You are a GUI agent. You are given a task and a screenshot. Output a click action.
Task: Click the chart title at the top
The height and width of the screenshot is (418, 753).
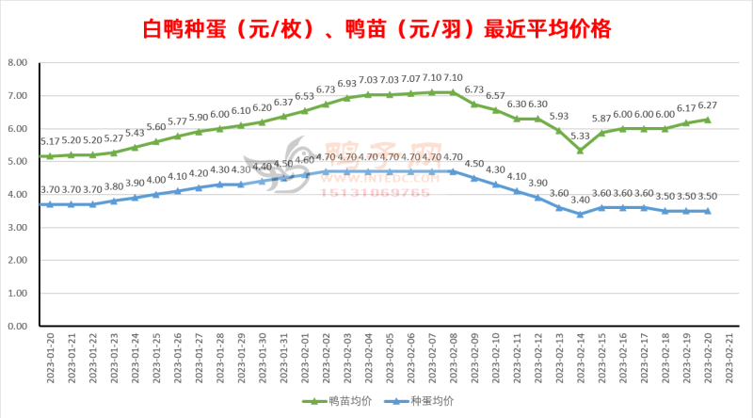tap(376, 28)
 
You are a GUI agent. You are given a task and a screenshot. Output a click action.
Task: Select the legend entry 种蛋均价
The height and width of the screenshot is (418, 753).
tap(429, 401)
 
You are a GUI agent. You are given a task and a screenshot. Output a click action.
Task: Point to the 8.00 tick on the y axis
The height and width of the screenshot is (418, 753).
tap(17, 63)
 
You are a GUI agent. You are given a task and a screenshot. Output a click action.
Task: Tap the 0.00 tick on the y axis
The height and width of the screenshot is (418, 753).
tap(17, 326)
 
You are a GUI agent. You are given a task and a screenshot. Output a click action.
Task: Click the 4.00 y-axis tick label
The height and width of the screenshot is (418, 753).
tap(17, 195)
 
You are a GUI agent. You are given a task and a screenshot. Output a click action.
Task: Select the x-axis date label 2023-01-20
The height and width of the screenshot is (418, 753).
tap(49, 356)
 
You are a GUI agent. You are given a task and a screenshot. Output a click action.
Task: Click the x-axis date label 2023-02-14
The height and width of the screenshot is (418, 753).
tap(580, 356)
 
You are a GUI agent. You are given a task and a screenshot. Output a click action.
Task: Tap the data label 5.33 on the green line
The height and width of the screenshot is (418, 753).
tap(580, 136)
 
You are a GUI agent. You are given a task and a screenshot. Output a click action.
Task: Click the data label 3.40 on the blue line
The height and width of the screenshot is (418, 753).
tap(580, 200)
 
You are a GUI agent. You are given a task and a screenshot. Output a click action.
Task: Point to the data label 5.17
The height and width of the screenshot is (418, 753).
tap(49, 141)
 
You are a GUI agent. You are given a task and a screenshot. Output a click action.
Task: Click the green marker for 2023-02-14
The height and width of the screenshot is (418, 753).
tap(580, 151)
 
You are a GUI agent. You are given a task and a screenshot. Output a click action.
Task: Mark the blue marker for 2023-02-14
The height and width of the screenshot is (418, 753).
tap(580, 214)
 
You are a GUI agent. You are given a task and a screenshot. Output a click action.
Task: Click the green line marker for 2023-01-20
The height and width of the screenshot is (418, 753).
tap(49, 156)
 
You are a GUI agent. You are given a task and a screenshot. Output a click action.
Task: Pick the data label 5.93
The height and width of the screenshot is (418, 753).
tap(559, 117)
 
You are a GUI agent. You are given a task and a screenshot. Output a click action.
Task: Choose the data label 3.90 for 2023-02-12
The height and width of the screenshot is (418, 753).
tap(537, 183)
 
